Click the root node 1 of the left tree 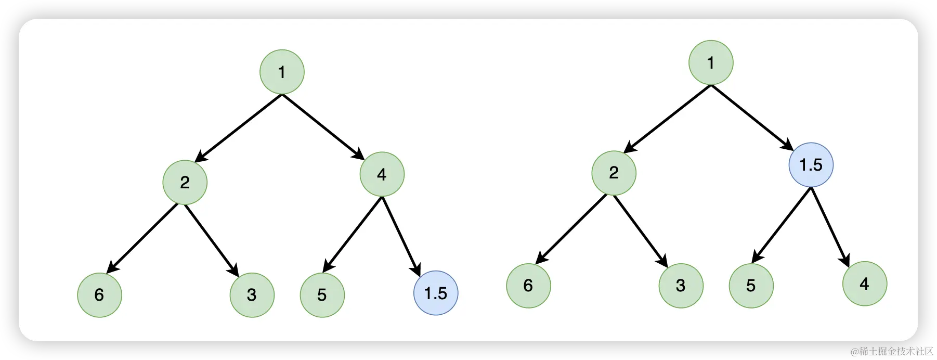pos(282,72)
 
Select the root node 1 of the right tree pos(711,62)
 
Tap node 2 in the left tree pos(185,182)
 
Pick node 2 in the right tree pos(614,172)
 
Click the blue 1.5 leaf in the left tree pos(436,293)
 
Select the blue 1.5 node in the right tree pos(811,165)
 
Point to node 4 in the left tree pos(382,174)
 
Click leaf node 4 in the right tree pos(864,284)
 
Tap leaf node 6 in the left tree pos(99,295)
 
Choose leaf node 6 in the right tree pos(528,286)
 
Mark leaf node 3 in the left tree pos(252,295)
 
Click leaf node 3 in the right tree pos(681,286)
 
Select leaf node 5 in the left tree pos(322,295)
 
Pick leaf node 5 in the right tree pos(751,286)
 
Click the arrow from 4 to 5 pos(353,234)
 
